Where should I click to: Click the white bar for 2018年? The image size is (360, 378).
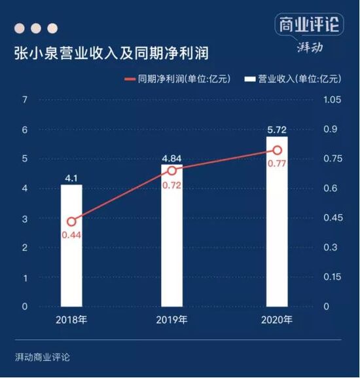(x=71, y=246)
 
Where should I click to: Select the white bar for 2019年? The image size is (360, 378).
(x=171, y=236)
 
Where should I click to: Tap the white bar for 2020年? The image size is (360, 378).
(x=276, y=221)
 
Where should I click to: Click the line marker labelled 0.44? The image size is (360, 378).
(x=71, y=221)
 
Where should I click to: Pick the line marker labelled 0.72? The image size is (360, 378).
(x=171, y=170)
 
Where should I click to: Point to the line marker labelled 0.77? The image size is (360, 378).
(x=276, y=150)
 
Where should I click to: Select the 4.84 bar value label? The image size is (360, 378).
(x=171, y=157)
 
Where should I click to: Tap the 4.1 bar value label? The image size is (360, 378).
(x=71, y=177)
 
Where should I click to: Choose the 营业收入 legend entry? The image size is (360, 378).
(x=293, y=79)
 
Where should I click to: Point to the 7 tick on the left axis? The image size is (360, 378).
(x=24, y=100)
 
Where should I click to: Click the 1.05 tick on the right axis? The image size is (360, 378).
(x=332, y=100)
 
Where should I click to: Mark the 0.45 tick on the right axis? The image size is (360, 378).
(x=332, y=218)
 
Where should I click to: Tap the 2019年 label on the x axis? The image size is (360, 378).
(x=171, y=321)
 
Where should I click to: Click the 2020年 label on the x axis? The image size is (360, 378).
(x=276, y=321)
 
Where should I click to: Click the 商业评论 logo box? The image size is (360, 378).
(x=309, y=25)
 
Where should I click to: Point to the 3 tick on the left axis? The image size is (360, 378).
(x=24, y=218)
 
